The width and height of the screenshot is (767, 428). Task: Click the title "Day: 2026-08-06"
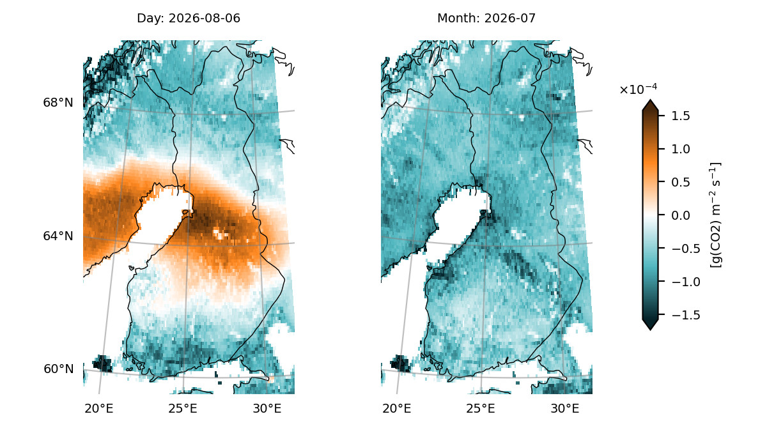click(x=189, y=18)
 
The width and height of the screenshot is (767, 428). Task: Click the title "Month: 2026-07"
click(x=486, y=18)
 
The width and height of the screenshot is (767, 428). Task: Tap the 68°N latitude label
click(x=58, y=103)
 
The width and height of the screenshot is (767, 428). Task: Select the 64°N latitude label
click(x=58, y=236)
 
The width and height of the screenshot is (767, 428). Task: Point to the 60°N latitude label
click(x=59, y=369)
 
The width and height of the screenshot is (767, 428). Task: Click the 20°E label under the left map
click(x=99, y=408)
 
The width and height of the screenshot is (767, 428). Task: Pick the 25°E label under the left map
click(x=183, y=408)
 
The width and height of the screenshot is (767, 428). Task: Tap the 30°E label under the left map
click(x=267, y=408)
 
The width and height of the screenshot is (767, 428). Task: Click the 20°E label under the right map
click(x=397, y=408)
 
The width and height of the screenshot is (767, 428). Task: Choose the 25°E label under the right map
click(x=481, y=408)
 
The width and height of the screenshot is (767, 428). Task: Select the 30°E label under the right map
click(x=565, y=408)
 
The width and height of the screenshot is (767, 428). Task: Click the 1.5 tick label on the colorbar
click(x=681, y=116)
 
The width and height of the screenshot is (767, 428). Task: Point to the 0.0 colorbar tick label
click(x=681, y=215)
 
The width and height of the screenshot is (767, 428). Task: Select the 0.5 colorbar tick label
click(x=681, y=182)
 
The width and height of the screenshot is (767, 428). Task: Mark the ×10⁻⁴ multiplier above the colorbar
click(x=639, y=89)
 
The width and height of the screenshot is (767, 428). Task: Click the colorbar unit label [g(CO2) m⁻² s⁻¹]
click(x=716, y=215)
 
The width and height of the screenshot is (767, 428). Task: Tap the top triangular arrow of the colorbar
click(x=650, y=105)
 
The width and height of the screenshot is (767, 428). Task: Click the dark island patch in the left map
click(x=102, y=363)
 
